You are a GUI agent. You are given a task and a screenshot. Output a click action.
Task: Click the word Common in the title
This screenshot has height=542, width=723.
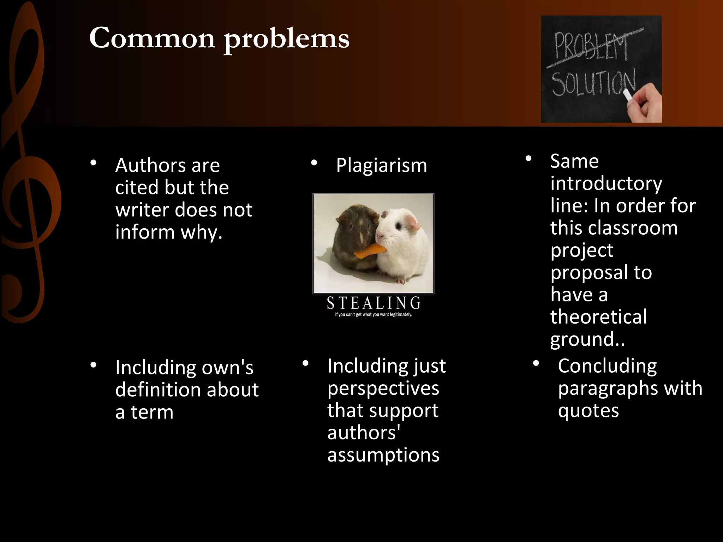tap(152, 38)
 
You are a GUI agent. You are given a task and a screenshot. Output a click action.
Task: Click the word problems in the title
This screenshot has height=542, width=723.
tap(287, 40)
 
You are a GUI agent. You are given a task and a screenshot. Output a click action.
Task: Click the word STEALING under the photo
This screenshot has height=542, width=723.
tap(374, 303)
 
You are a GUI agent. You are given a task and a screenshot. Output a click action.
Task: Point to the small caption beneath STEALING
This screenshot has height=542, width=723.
tap(374, 315)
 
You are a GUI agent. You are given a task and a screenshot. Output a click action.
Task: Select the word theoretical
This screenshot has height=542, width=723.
tap(598, 317)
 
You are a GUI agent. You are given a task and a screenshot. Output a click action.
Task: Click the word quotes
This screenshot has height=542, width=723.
tap(588, 410)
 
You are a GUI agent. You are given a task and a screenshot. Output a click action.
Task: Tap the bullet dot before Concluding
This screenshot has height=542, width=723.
tap(536, 363)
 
